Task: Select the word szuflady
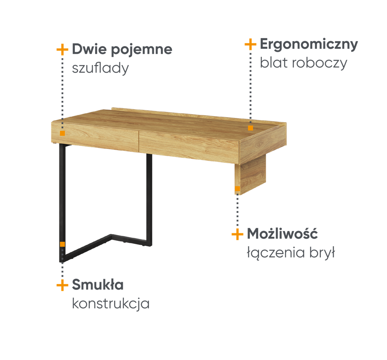100,68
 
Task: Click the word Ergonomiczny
309,45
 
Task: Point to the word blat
274,63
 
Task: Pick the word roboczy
319,64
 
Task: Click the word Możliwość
282,233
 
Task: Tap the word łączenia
273,253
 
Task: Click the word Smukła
98,284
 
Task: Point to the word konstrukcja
111,304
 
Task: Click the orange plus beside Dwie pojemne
62,50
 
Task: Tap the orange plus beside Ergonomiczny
251,44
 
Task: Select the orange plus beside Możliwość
237,234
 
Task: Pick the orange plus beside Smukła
62,285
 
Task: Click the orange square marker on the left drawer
62,133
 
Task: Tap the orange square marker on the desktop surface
251,128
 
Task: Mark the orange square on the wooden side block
237,189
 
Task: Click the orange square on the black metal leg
62,244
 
